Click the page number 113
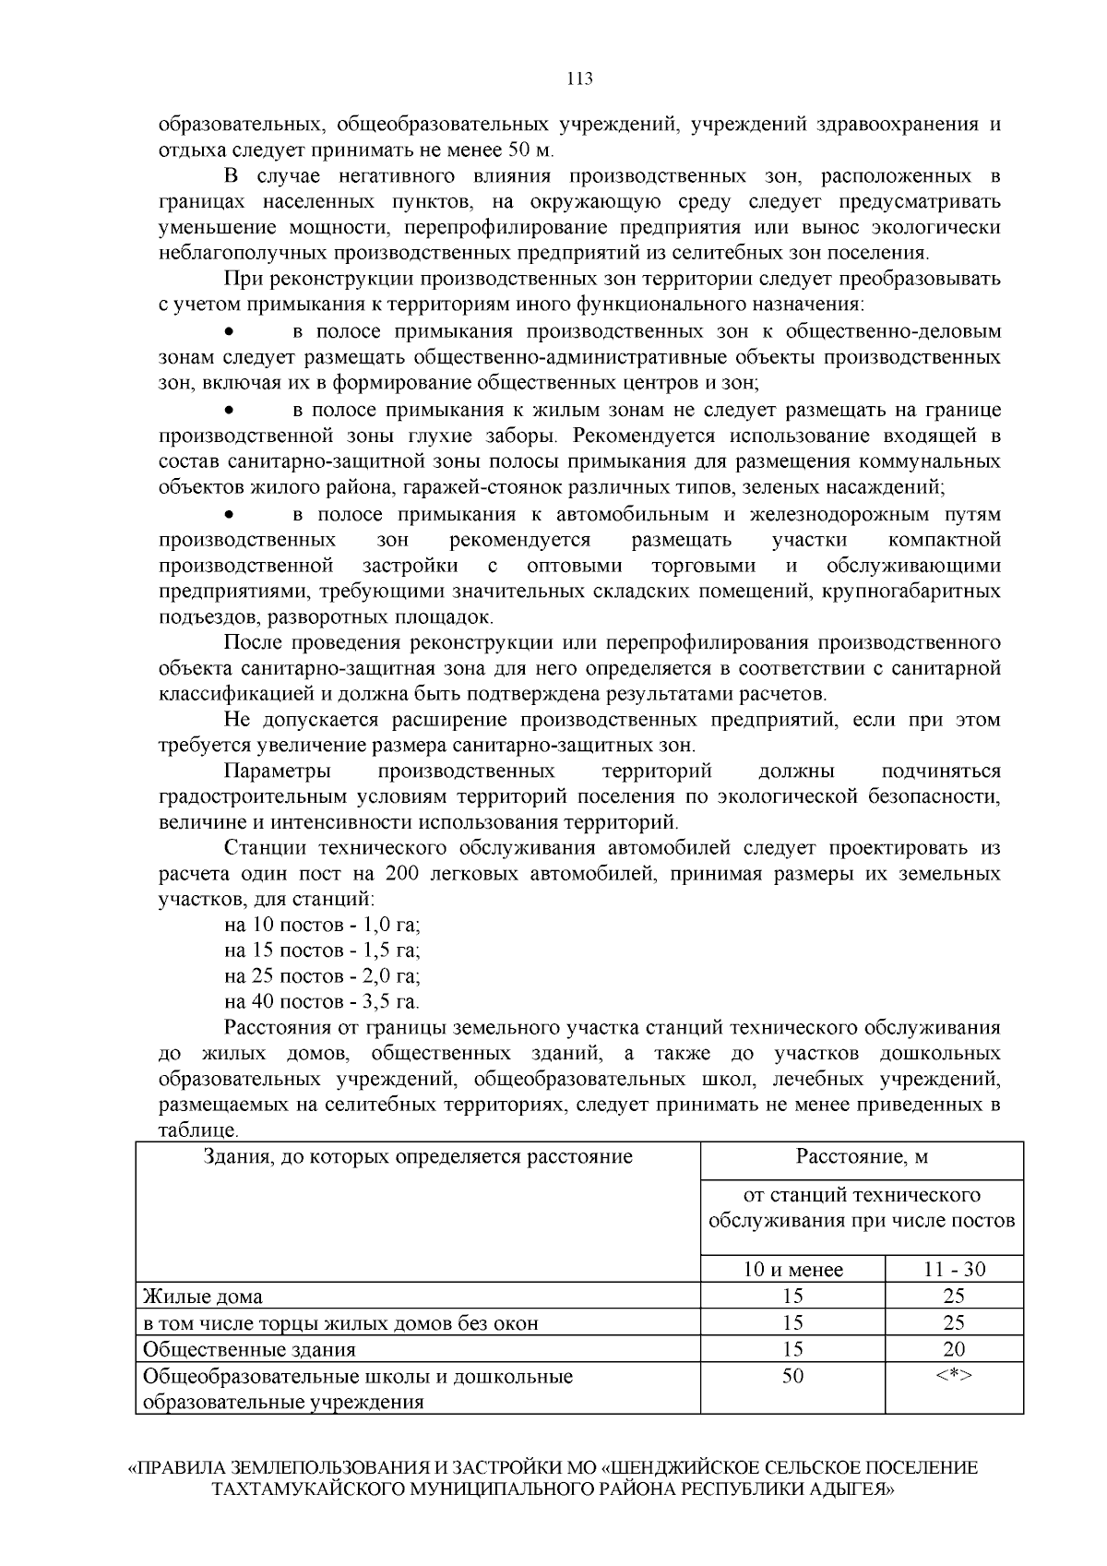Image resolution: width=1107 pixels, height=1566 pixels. (x=578, y=78)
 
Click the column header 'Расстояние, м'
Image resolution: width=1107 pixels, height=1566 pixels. (x=862, y=1156)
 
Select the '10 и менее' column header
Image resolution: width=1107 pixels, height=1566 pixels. (x=792, y=1270)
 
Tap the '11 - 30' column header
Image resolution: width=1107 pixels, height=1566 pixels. (x=954, y=1270)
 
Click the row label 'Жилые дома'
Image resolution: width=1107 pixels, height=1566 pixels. (x=202, y=1297)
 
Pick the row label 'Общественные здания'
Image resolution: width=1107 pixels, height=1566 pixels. (x=248, y=1350)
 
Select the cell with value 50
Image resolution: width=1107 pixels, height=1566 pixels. (x=792, y=1376)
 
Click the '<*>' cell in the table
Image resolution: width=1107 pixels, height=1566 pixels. (x=954, y=1376)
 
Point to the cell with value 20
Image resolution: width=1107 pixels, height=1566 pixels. (x=954, y=1350)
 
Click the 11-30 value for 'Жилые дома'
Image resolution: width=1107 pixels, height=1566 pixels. (x=954, y=1297)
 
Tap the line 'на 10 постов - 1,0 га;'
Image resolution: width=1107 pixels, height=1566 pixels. (x=322, y=925)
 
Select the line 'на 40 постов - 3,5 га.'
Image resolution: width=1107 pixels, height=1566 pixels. (x=322, y=1001)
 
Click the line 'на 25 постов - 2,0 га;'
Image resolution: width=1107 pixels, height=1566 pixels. (x=322, y=976)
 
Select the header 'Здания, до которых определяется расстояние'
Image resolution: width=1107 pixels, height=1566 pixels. (x=418, y=1156)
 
